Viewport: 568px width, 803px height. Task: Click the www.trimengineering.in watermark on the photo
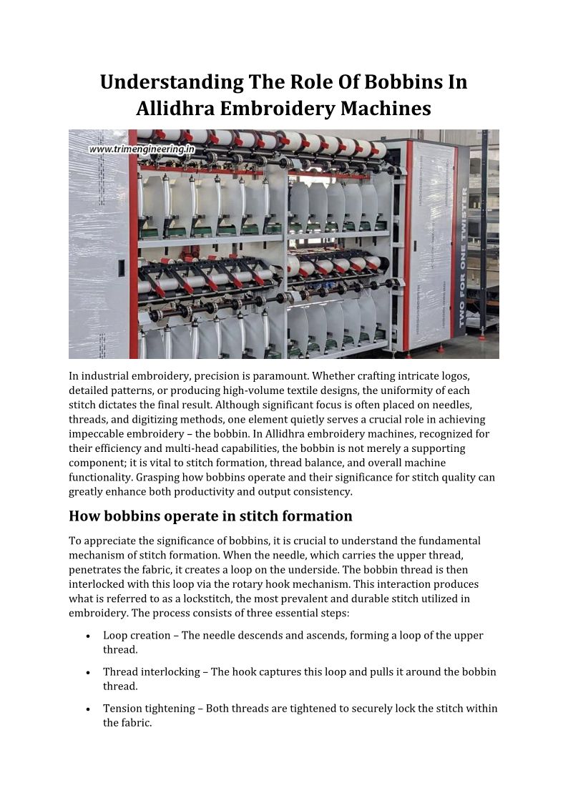[x=142, y=149]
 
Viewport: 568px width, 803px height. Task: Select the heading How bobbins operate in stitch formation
[x=210, y=516]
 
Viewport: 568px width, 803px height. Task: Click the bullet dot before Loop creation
[x=87, y=636]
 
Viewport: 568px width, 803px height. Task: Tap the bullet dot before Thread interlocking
[x=87, y=672]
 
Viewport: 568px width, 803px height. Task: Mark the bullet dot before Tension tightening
[x=87, y=709]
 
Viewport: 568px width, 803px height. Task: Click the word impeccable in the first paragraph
[x=98, y=434]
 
